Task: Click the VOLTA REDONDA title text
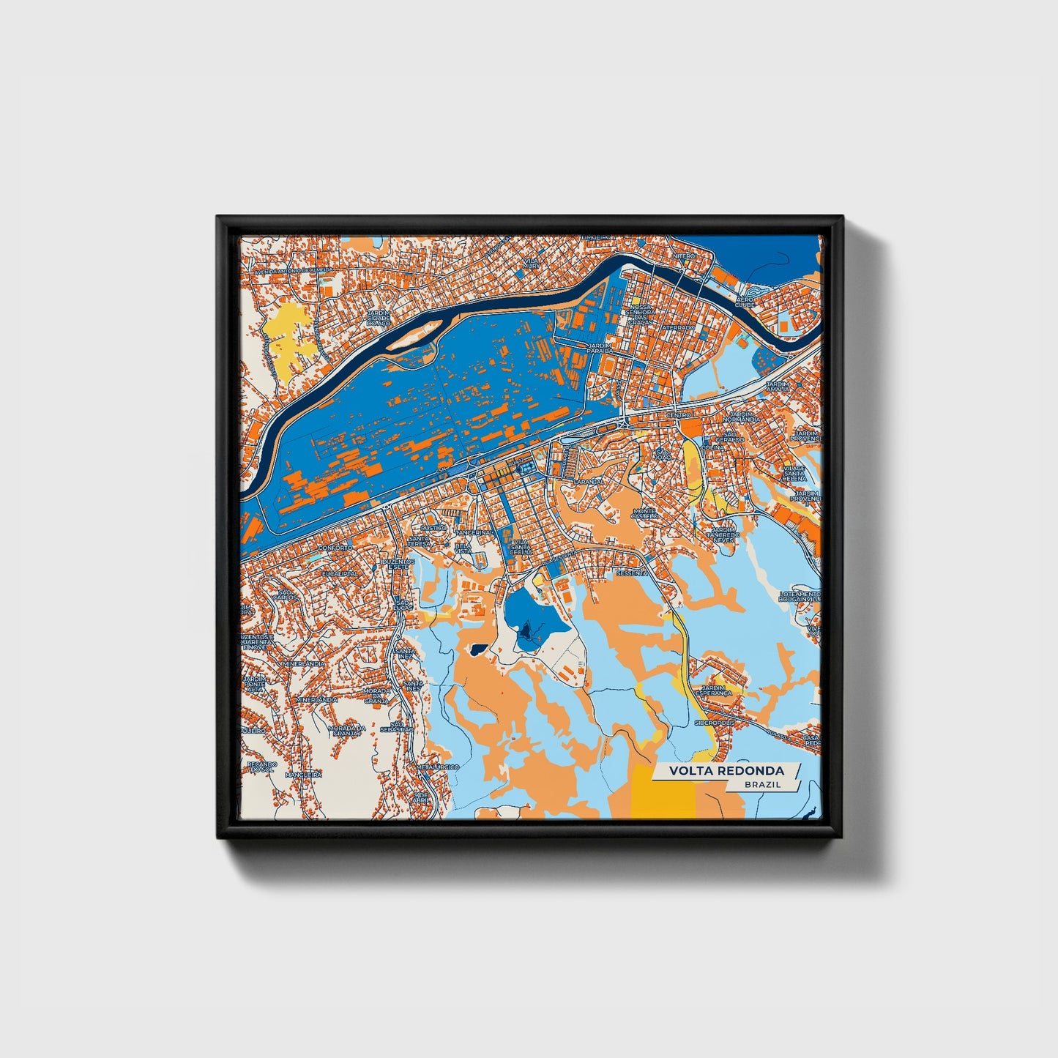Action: (x=726, y=771)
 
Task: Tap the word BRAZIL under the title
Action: (x=762, y=784)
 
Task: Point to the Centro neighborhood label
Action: (x=678, y=415)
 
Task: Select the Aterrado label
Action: (x=679, y=328)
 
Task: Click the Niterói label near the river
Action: (x=685, y=256)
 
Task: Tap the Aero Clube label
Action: (x=745, y=302)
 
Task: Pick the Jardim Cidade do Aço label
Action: (x=379, y=318)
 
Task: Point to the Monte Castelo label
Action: (x=644, y=513)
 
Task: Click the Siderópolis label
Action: (x=714, y=723)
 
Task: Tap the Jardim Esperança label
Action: (x=715, y=690)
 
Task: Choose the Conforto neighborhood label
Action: (x=335, y=548)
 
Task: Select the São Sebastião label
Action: (x=401, y=726)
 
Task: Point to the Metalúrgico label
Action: (x=437, y=767)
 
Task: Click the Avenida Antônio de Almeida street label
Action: (x=293, y=270)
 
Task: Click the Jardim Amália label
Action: (x=778, y=386)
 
